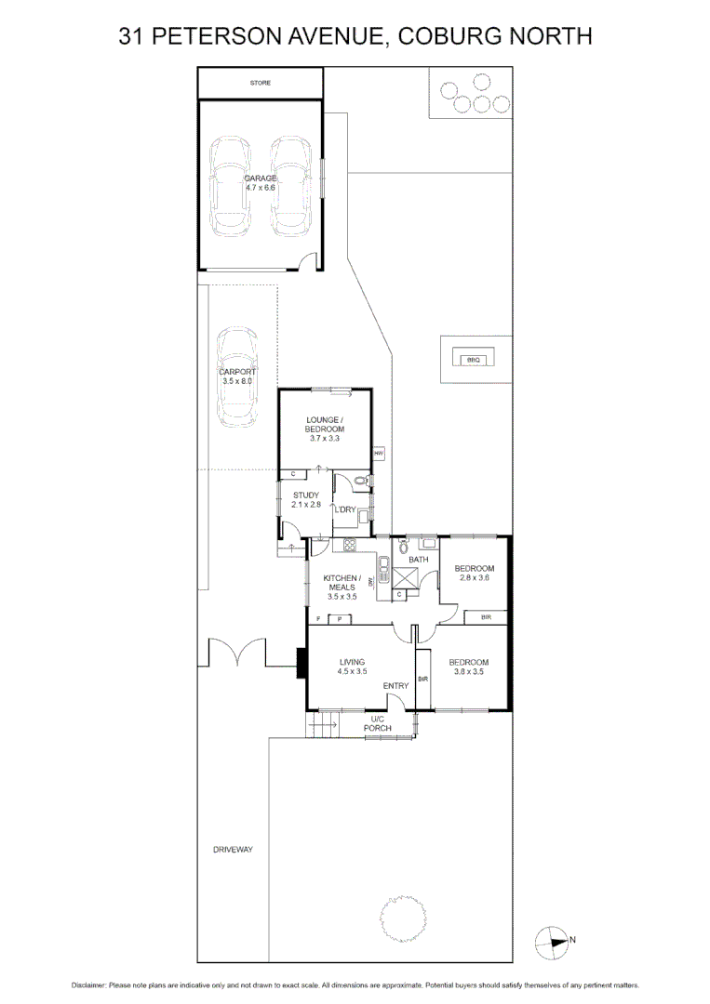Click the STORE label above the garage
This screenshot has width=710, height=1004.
click(261, 84)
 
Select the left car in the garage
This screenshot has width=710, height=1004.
click(229, 187)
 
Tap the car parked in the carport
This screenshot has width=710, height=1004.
click(236, 376)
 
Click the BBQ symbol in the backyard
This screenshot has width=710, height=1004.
click(473, 358)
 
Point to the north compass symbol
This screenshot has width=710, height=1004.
click(551, 941)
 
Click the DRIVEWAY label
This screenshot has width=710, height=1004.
click(233, 850)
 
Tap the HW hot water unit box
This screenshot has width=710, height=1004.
click(379, 453)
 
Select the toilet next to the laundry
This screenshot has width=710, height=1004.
click(364, 480)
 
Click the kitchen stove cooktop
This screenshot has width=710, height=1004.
click(351, 546)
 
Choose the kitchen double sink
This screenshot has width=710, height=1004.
click(382, 568)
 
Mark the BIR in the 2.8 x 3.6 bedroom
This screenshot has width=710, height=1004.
click(486, 616)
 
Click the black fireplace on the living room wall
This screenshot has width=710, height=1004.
click(301, 662)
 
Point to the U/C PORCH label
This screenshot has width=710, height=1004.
click(378, 723)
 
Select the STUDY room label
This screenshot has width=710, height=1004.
click(306, 495)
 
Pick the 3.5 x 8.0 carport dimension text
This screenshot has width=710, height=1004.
click(236, 381)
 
